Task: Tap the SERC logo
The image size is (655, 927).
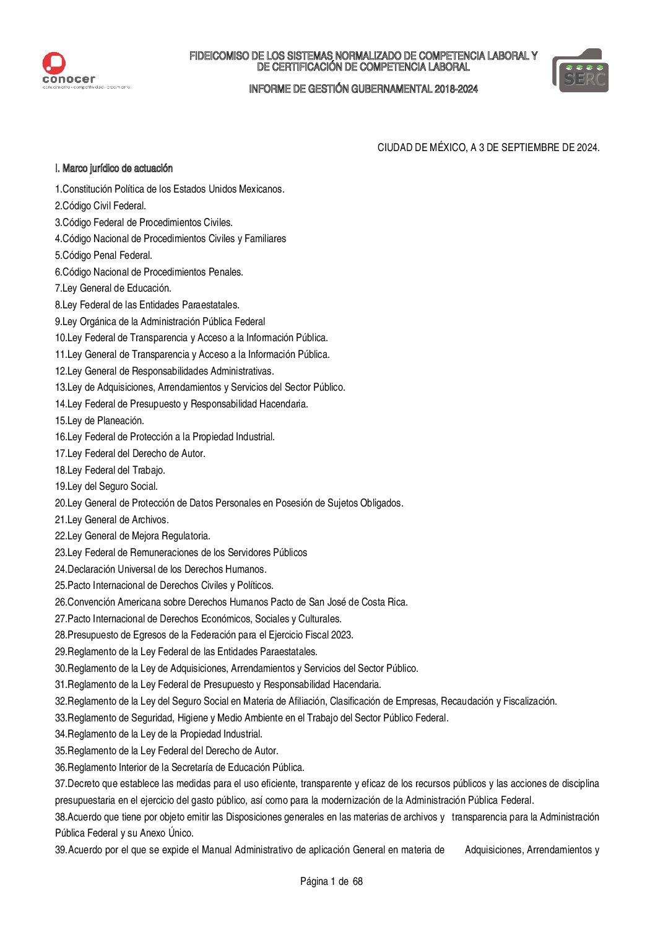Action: [x=580, y=71]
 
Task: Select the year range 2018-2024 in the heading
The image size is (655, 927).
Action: [x=456, y=89]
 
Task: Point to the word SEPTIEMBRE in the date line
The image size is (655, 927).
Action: [x=526, y=148]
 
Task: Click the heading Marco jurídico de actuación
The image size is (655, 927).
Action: [x=118, y=168]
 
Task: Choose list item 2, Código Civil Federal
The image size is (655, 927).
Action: [x=100, y=206]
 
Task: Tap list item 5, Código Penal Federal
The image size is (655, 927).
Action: [x=103, y=255]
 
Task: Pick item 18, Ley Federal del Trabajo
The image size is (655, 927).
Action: [x=110, y=470]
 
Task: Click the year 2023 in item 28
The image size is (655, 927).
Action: [x=341, y=635]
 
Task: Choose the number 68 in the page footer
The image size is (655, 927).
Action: [x=357, y=881]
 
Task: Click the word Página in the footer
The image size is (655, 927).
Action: [x=314, y=881]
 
